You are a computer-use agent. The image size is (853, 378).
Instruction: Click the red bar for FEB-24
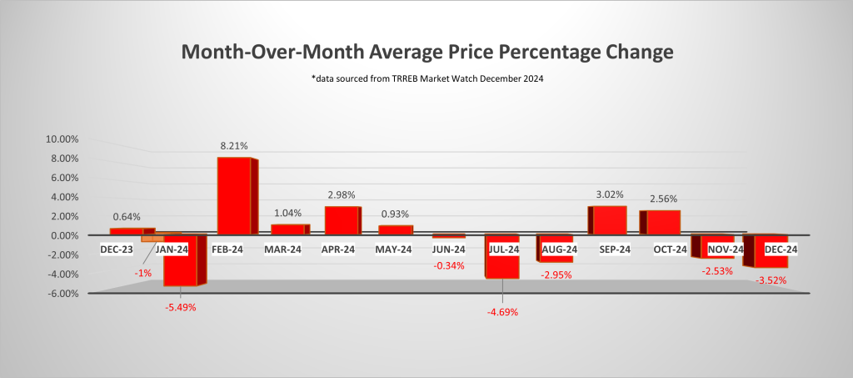click(x=233, y=195)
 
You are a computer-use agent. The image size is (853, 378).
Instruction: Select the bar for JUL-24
click(x=502, y=256)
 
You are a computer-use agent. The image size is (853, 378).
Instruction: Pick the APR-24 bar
click(x=341, y=220)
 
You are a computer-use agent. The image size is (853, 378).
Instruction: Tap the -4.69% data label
click(x=502, y=312)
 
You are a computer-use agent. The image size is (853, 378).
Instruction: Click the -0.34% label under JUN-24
click(x=451, y=265)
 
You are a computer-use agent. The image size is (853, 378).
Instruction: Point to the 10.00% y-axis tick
click(x=62, y=139)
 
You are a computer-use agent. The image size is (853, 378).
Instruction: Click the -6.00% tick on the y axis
click(x=62, y=294)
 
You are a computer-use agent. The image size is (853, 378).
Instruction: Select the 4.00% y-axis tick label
click(x=64, y=197)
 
